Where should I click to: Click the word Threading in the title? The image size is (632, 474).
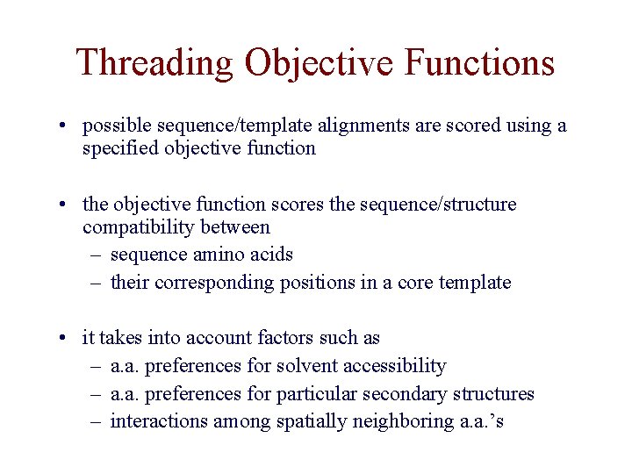[x=154, y=63]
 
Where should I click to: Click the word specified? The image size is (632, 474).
[x=118, y=148]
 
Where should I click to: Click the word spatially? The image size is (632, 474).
[x=312, y=422]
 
